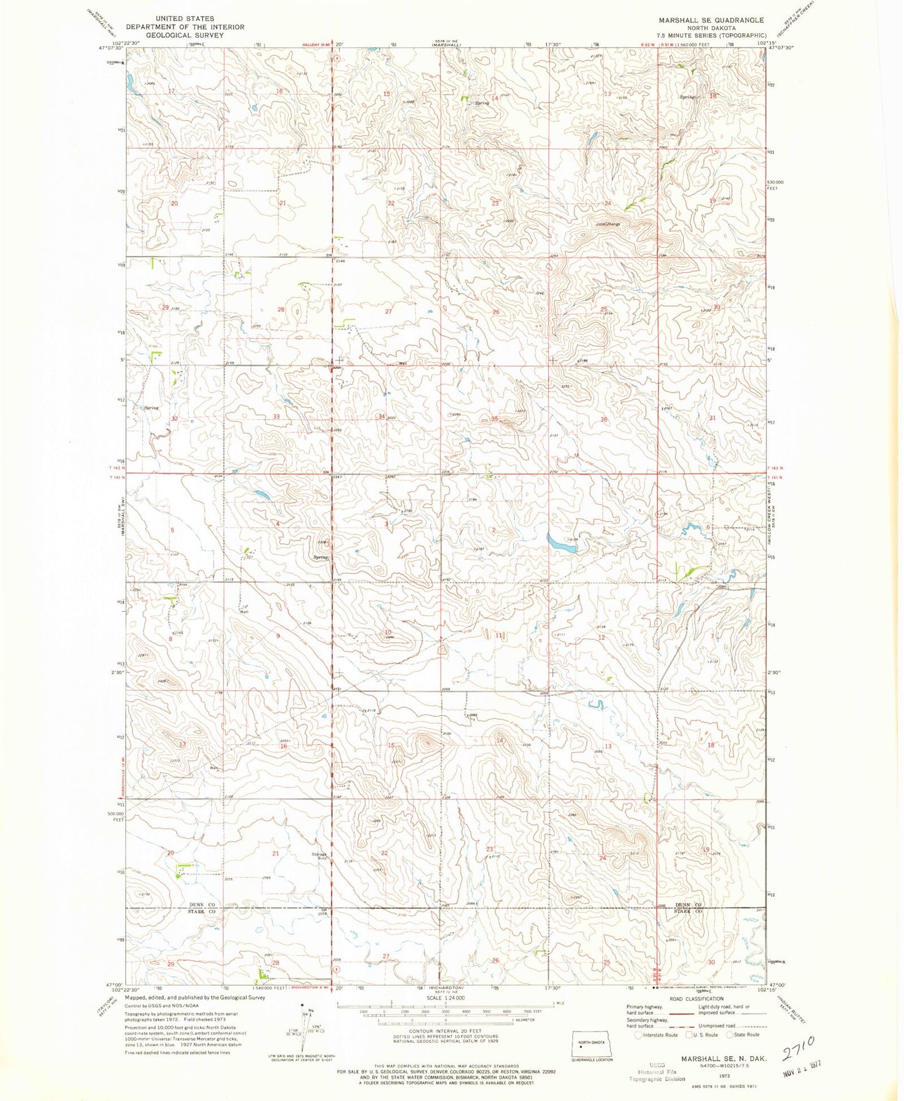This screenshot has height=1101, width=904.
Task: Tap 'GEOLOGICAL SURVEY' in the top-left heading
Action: click(x=185, y=35)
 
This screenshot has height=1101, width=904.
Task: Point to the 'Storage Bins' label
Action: click(x=321, y=856)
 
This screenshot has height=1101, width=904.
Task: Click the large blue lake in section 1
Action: click(x=562, y=543)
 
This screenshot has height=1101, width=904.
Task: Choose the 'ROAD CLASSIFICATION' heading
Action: click(x=696, y=999)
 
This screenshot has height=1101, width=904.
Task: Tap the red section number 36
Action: click(x=604, y=419)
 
